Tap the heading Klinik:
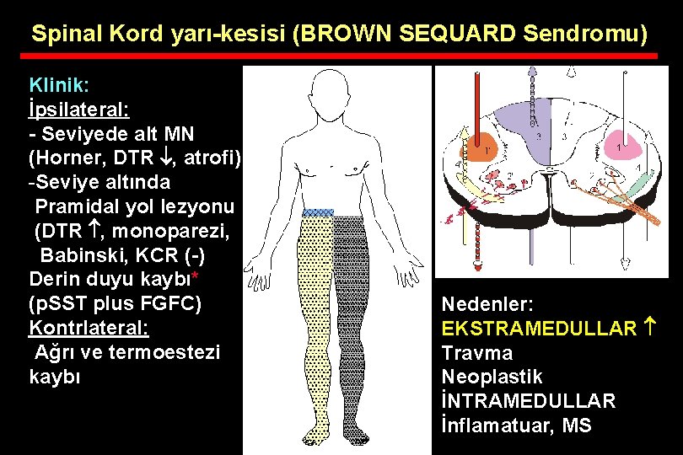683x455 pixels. pyautogui.click(x=60, y=85)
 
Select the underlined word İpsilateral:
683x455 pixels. pyautogui.click(x=78, y=110)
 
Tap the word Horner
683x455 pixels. pyautogui.click(x=68, y=158)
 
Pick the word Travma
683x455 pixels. pyautogui.click(x=477, y=352)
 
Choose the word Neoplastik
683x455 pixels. pyautogui.click(x=492, y=377)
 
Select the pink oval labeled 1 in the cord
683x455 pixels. pyautogui.click(x=621, y=146)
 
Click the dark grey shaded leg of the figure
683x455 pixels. pyautogui.click(x=347, y=320)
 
